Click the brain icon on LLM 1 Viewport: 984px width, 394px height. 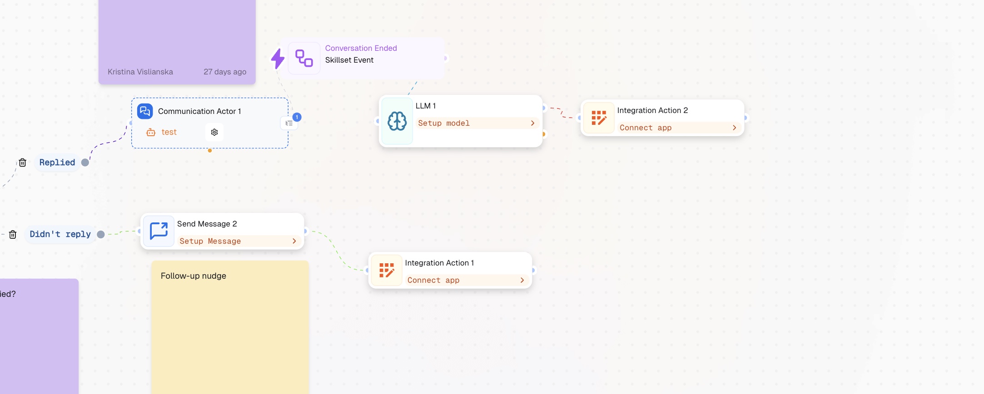397,121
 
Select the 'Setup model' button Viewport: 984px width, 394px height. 477,123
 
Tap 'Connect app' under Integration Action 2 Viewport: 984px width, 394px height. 679,128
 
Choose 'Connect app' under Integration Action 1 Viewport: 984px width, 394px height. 467,280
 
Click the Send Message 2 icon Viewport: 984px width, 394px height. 159,231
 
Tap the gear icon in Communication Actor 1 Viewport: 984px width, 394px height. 214,132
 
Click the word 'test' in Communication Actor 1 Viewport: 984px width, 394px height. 169,132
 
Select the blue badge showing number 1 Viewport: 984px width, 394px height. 297,117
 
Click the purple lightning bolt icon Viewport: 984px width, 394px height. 278,58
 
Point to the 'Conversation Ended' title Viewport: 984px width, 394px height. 361,48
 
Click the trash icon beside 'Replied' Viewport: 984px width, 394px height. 22,163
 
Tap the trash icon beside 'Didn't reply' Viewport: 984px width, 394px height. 13,234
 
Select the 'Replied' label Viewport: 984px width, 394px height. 57,163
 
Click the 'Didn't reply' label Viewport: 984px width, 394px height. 60,234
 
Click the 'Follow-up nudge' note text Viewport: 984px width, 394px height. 194,276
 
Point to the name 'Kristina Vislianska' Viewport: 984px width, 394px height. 140,72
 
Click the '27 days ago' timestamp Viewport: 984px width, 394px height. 225,72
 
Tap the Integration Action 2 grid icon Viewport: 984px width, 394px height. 599,118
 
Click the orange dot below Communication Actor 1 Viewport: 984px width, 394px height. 210,151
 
